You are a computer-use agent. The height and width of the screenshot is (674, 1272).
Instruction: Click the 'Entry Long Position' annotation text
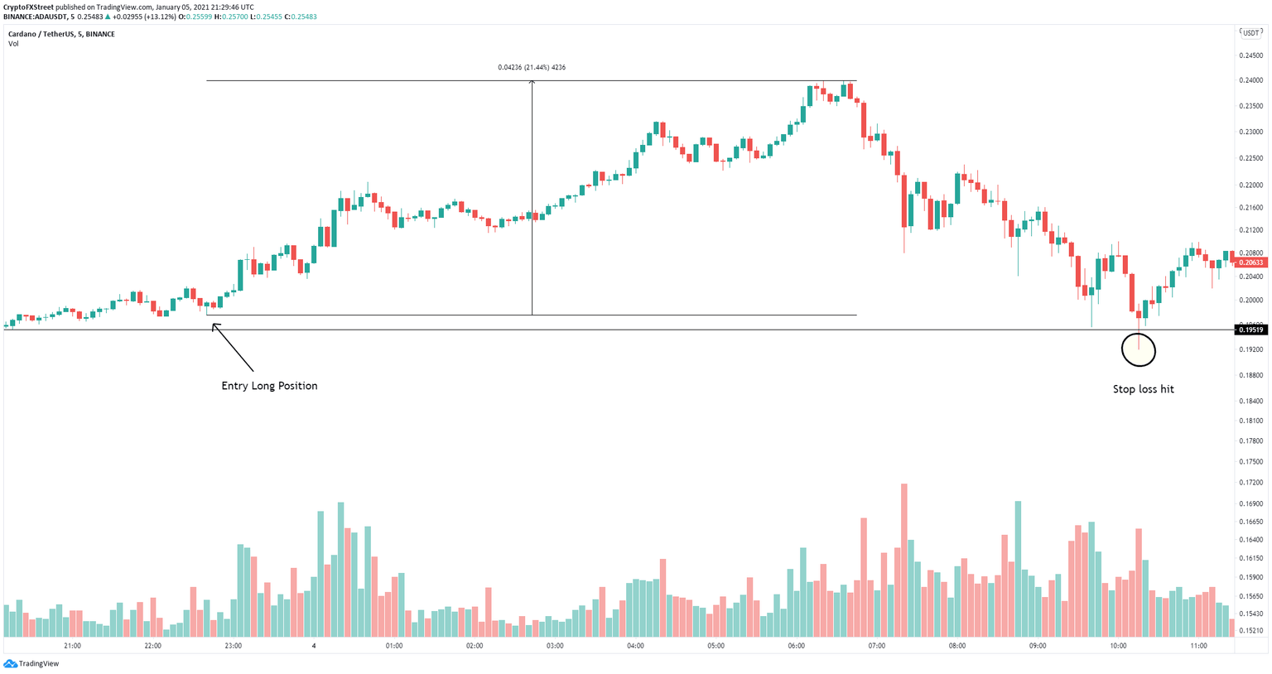pos(269,386)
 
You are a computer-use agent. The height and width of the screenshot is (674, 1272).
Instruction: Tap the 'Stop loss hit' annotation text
pos(1143,389)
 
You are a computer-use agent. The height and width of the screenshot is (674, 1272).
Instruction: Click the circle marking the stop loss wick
pos(1139,350)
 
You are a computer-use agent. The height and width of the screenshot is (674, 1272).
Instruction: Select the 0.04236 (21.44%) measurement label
pos(532,67)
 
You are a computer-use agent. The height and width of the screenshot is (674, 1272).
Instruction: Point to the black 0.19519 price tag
pos(1251,330)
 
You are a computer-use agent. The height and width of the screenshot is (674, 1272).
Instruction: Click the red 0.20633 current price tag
pos(1251,262)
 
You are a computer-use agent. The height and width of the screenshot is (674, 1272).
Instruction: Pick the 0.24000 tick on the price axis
pos(1250,80)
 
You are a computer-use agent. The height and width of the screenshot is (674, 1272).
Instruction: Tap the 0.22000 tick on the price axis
pos(1250,185)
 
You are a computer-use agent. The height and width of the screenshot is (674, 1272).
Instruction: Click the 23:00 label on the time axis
pos(234,646)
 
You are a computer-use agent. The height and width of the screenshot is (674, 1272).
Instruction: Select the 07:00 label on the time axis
pos(876,646)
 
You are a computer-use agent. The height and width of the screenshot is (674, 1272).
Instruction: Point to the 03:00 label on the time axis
pos(555,646)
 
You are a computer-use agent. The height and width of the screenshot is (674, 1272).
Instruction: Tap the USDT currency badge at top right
pos(1250,32)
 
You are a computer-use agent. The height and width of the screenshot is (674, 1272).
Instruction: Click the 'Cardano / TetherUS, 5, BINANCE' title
pos(61,34)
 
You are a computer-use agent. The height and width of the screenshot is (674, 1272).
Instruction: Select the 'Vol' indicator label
pos(13,44)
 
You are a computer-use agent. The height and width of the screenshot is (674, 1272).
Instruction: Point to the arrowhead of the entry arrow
pos(214,325)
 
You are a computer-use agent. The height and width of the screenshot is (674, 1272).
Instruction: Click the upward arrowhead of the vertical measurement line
pos(532,83)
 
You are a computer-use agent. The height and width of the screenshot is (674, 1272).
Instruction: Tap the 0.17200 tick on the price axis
pos(1250,482)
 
